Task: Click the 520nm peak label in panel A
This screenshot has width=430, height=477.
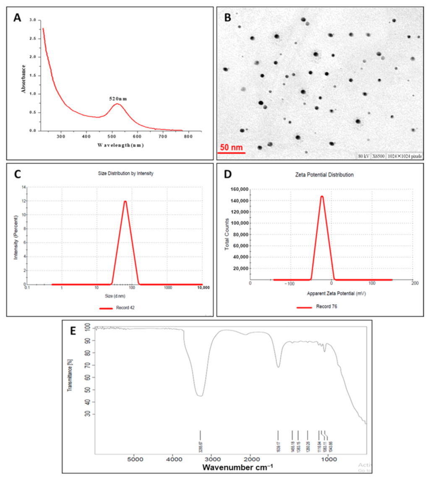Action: pyautogui.click(x=118, y=99)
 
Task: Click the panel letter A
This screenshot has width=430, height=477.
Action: pyautogui.click(x=17, y=18)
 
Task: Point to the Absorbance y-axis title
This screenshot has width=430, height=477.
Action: pyautogui.click(x=24, y=78)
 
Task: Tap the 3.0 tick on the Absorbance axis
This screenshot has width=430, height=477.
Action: pyautogui.click(x=33, y=20)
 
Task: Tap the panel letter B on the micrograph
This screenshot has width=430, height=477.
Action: pyautogui.click(x=228, y=18)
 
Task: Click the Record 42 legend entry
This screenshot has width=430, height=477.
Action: pyautogui.click(x=125, y=308)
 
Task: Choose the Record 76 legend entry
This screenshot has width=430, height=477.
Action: pyautogui.click(x=328, y=307)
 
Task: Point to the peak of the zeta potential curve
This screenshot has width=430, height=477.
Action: pyautogui.click(x=322, y=196)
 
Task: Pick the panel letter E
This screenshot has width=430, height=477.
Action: pyautogui.click(x=73, y=331)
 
